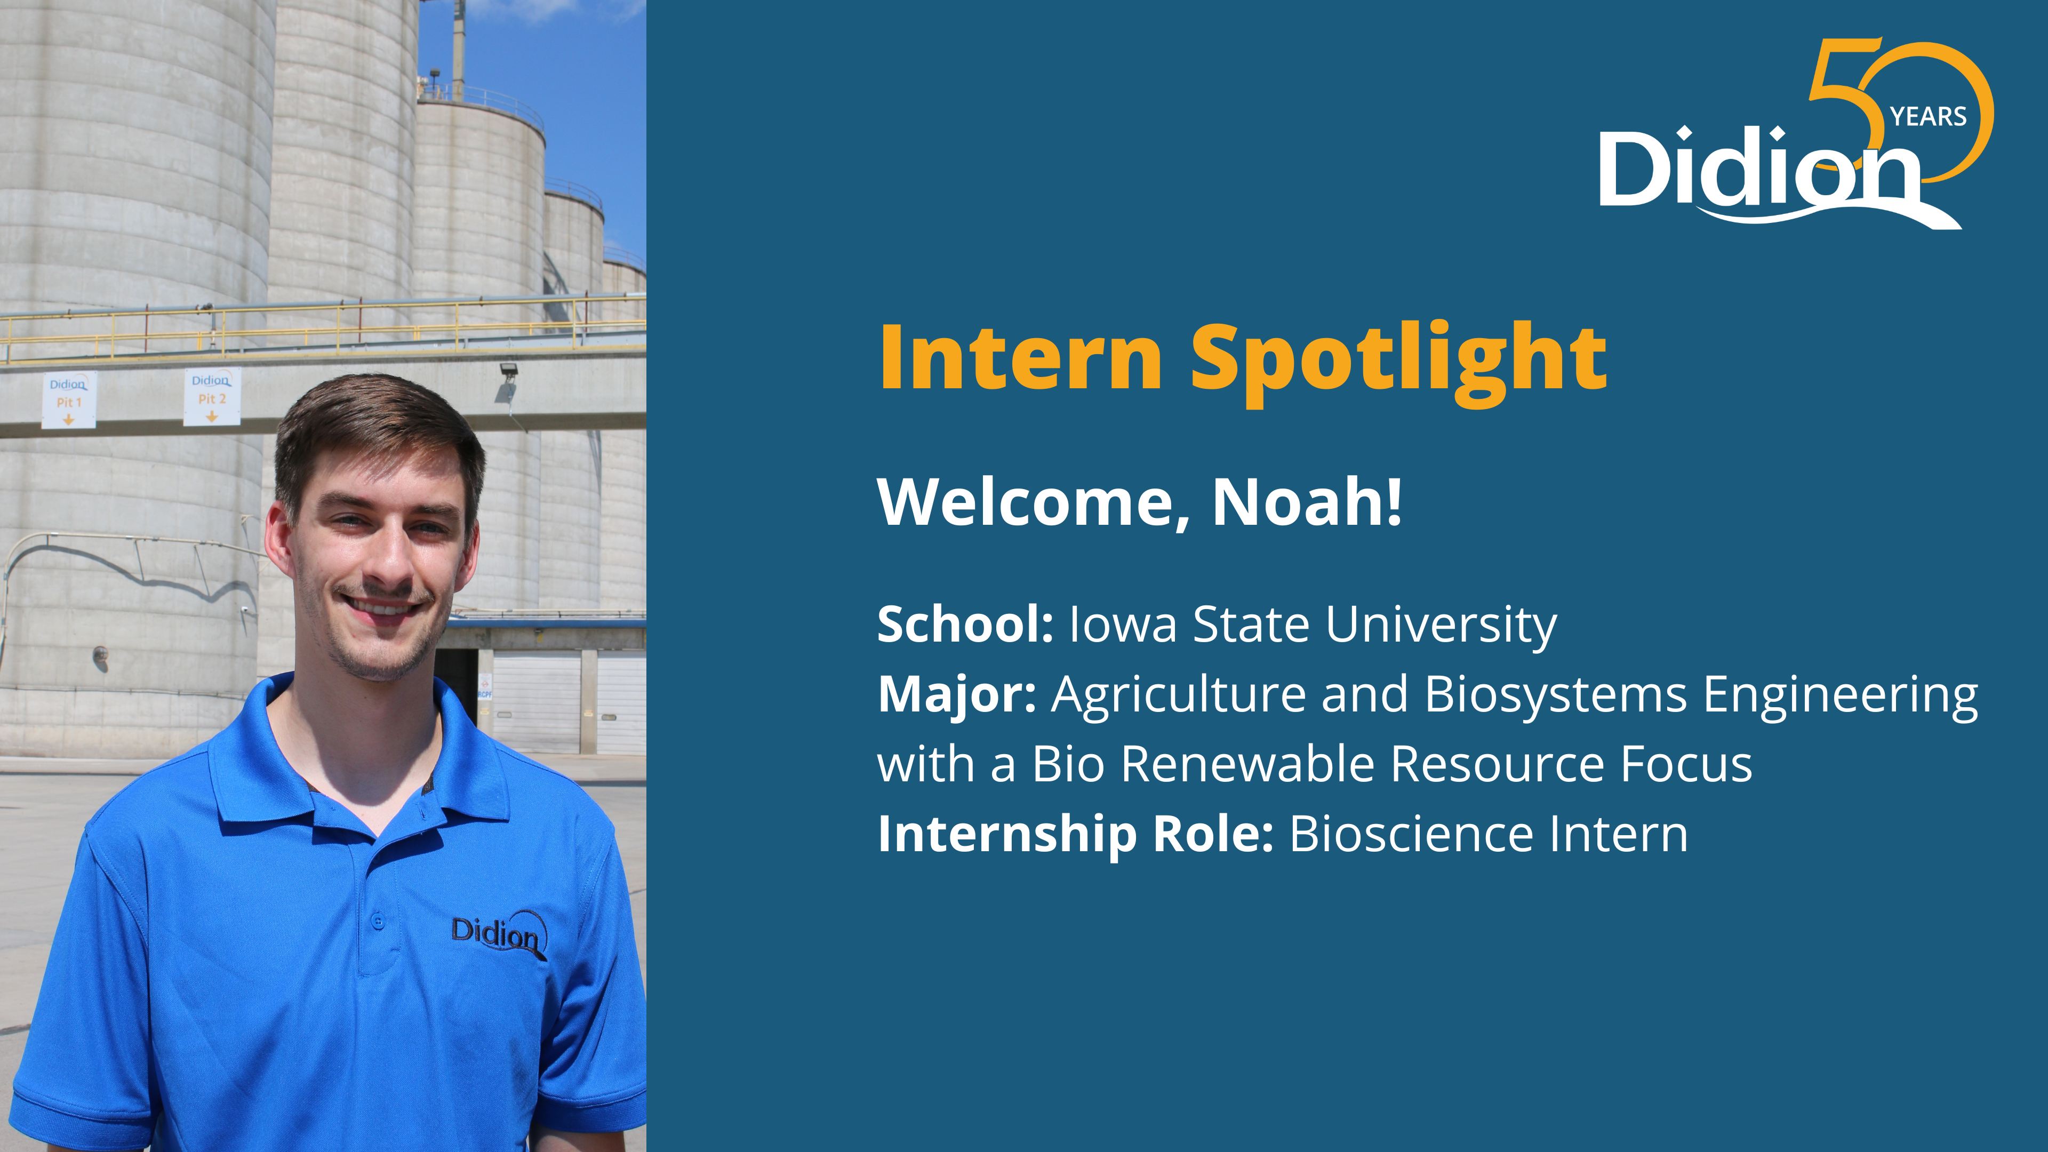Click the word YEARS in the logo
[x=1928, y=117]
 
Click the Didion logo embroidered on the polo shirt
[x=499, y=934]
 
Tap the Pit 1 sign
[x=69, y=399]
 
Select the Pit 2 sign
[x=212, y=397]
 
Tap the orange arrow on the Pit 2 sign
[x=212, y=416]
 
